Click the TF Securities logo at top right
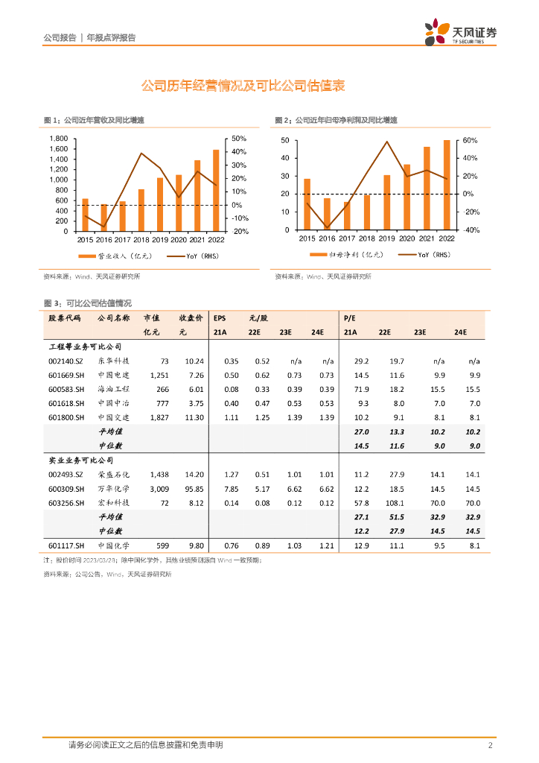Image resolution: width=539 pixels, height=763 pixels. [x=460, y=33]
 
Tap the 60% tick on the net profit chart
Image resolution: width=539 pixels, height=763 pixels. [x=470, y=141]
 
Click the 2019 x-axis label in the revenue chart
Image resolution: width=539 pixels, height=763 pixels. [x=159, y=239]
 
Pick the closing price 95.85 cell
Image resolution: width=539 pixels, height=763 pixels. [x=194, y=489]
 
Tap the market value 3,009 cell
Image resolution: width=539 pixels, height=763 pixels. [x=159, y=489]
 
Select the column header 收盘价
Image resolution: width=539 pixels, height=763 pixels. [x=191, y=317]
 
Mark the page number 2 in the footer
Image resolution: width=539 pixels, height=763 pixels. [x=490, y=745]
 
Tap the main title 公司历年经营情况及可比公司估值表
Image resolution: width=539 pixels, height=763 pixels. [x=243, y=86]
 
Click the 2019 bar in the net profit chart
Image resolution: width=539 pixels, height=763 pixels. [x=386, y=203]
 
